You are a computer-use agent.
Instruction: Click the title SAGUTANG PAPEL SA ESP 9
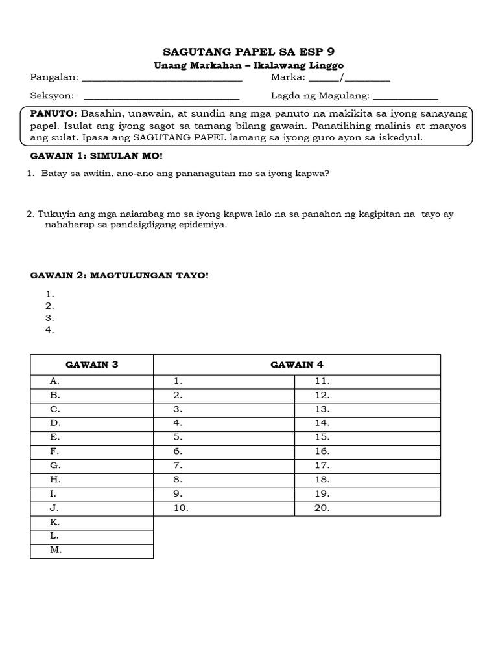click(x=248, y=52)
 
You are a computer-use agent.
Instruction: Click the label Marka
click(x=288, y=78)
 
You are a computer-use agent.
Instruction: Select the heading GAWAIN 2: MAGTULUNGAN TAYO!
click(x=120, y=276)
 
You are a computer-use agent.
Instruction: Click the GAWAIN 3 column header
click(x=92, y=365)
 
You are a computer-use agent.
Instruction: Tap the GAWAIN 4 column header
click(x=296, y=365)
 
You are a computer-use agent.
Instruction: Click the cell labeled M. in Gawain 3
click(x=92, y=550)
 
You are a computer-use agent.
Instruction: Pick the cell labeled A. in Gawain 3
click(x=92, y=381)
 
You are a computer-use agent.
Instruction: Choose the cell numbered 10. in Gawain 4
click(x=224, y=508)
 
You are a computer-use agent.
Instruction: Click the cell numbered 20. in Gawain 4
click(x=367, y=508)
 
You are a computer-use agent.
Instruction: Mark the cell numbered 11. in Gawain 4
click(x=367, y=381)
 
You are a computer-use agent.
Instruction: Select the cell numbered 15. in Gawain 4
click(x=367, y=438)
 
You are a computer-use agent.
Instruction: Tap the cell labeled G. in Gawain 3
click(x=92, y=466)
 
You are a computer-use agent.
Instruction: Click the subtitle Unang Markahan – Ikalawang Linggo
click(x=248, y=65)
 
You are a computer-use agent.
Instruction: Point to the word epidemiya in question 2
click(x=207, y=225)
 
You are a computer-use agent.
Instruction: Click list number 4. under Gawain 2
click(x=50, y=330)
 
